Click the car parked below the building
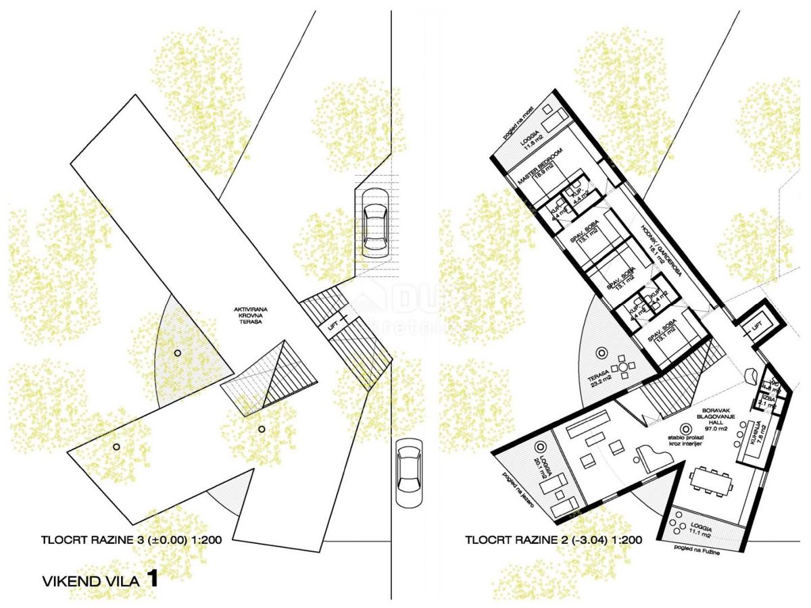pos(410,472)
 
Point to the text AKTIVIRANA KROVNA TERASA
pos(247,315)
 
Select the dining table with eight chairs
pos(710,482)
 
